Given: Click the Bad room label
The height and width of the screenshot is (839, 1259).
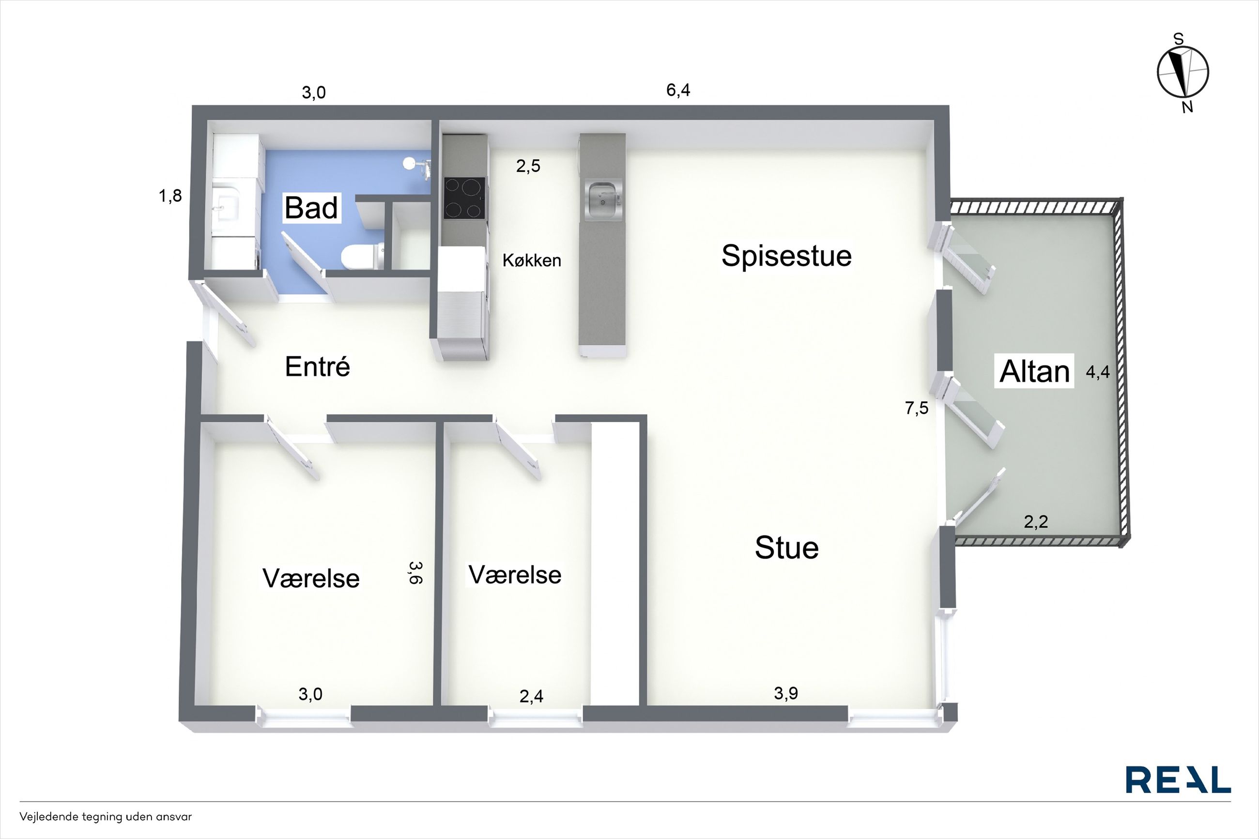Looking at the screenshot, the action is click(x=311, y=208).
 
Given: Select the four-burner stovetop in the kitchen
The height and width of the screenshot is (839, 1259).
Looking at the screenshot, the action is click(x=464, y=198).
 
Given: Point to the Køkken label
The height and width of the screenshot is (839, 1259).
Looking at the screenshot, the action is click(x=531, y=260).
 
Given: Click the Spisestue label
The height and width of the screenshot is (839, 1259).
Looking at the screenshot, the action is click(x=786, y=256).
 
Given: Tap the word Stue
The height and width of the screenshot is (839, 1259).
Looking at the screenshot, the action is click(x=786, y=548).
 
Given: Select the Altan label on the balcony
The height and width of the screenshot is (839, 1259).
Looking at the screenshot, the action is click(x=1034, y=371).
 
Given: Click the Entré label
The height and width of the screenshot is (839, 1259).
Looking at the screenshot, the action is click(x=317, y=366).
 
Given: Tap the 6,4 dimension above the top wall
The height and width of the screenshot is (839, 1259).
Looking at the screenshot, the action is click(x=678, y=90).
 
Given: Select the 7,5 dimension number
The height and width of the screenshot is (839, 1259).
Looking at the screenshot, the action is click(x=917, y=408).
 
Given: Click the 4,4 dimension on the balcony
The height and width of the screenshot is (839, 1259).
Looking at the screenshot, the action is click(x=1097, y=372).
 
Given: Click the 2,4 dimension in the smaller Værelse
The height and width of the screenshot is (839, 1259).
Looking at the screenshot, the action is click(x=531, y=696).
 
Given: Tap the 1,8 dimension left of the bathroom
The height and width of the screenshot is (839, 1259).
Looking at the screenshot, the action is click(x=170, y=196).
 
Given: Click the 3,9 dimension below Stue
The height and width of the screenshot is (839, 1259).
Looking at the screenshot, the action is click(x=786, y=693).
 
